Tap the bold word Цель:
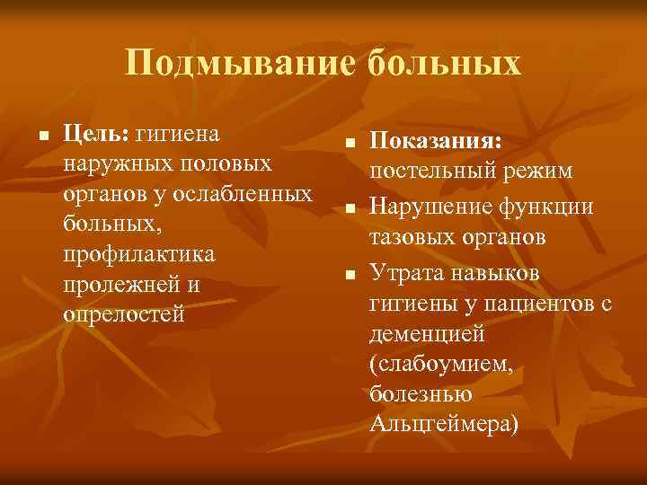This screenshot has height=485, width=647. (97, 133)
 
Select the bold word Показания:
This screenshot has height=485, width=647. (437, 142)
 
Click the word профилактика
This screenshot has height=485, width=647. (139, 254)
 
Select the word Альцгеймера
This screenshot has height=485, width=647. (444, 425)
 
